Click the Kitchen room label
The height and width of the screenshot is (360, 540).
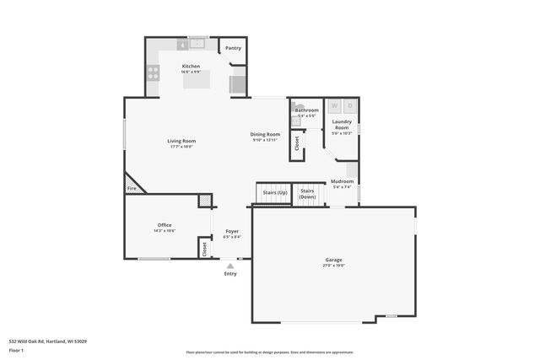point(191,65)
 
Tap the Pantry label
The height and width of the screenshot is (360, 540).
point(233,48)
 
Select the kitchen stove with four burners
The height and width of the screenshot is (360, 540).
point(154,73)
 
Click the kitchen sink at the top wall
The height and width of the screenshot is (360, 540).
point(197,41)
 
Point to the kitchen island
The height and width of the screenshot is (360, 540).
point(197,80)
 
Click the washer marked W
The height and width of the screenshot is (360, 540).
point(334,106)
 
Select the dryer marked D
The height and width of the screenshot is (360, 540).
point(349,106)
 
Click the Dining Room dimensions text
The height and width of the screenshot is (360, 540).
point(265,140)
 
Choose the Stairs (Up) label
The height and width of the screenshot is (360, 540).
point(275,192)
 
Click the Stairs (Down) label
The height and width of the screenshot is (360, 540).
point(307,194)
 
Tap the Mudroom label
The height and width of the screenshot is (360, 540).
point(342,181)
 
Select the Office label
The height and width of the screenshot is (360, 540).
point(165,225)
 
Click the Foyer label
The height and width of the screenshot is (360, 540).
point(231,231)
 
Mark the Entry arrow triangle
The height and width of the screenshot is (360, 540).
point(230,265)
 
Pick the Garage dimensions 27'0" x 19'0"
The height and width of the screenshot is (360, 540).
point(334,265)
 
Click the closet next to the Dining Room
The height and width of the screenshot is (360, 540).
point(296,145)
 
